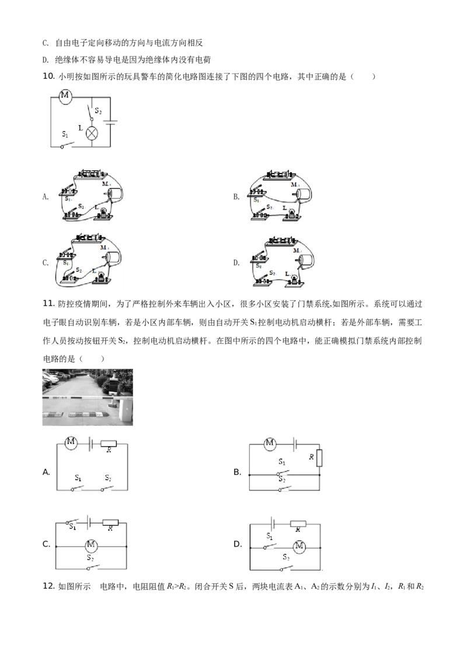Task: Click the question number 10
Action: click(x=49, y=76)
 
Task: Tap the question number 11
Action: click(x=49, y=304)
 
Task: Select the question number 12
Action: click(x=49, y=586)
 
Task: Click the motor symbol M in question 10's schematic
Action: click(x=64, y=96)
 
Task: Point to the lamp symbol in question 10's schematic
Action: click(x=92, y=134)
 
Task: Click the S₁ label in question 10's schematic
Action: click(x=65, y=134)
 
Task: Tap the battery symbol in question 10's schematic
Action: click(x=110, y=122)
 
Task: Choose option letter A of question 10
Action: click(x=46, y=196)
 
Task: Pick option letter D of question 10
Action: click(x=236, y=263)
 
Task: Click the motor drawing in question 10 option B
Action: click(x=303, y=194)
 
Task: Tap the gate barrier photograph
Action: click(x=88, y=397)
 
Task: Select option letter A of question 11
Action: click(x=46, y=472)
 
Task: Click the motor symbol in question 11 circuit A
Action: click(x=71, y=443)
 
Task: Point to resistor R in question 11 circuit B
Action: click(x=319, y=458)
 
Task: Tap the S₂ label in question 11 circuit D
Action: click(x=286, y=557)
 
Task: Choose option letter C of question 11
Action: click(x=46, y=544)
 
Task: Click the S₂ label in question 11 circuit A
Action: click(x=108, y=478)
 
